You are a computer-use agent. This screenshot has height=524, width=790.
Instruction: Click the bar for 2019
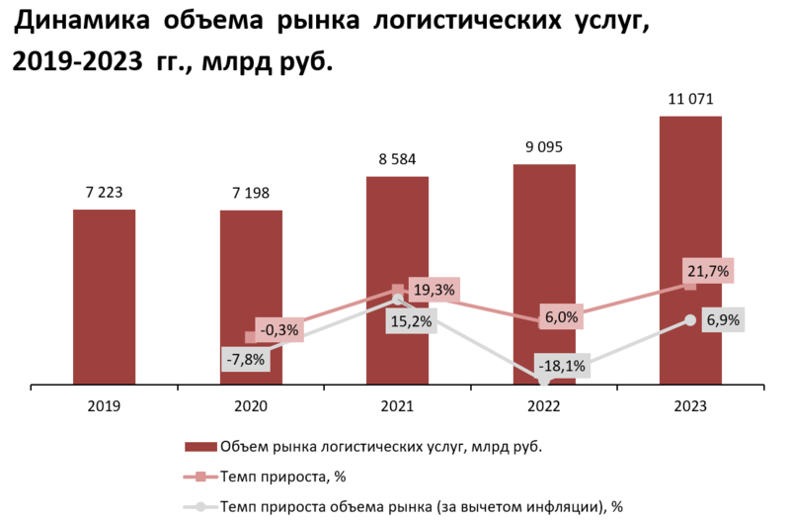(x=104, y=296)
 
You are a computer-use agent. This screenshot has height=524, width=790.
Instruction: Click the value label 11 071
(x=690, y=100)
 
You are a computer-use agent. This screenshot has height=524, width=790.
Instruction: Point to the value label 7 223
(x=104, y=193)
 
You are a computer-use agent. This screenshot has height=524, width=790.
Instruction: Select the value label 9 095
(x=544, y=147)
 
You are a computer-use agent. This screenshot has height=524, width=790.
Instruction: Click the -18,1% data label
(x=560, y=366)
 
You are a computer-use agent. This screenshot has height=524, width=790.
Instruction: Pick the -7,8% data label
(x=245, y=360)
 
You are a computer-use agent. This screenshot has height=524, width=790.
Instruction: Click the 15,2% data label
(x=409, y=321)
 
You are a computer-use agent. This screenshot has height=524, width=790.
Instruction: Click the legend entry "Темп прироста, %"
(x=282, y=477)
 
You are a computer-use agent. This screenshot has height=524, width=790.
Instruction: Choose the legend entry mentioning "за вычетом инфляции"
(x=422, y=506)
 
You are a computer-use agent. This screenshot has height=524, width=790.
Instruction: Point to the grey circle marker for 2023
(x=690, y=320)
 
